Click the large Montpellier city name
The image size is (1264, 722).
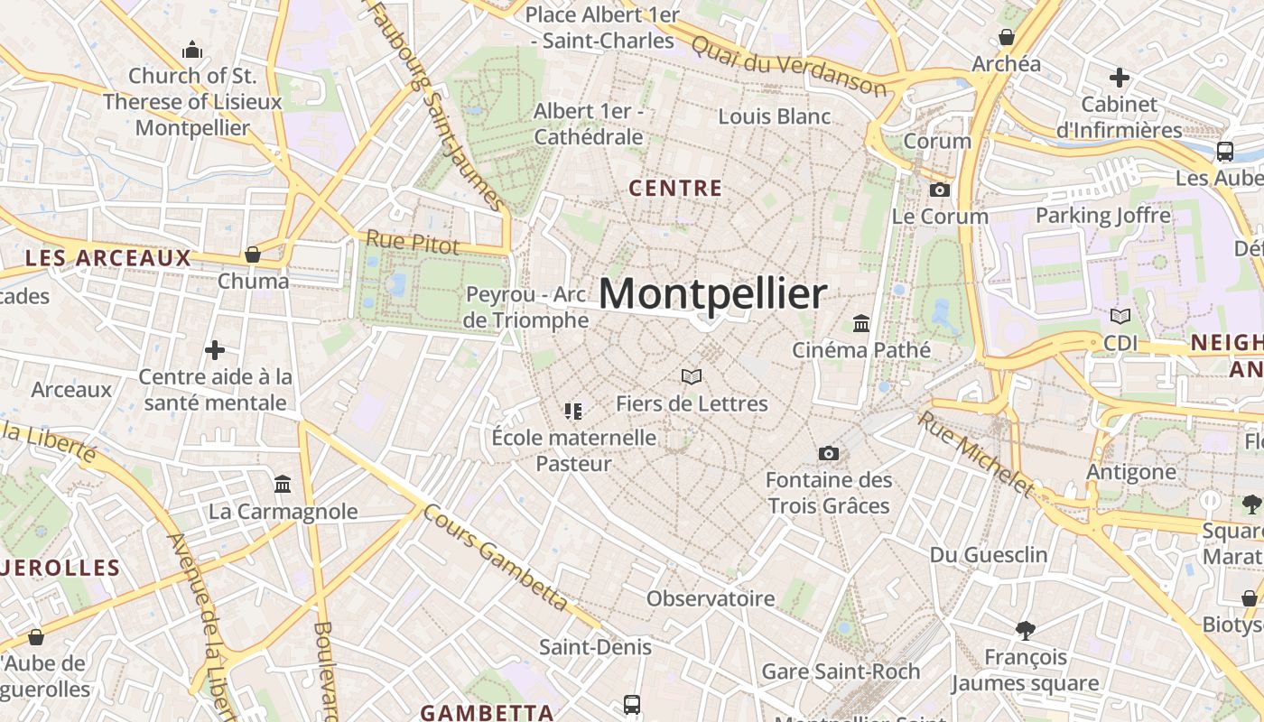pyautogui.click(x=711, y=294)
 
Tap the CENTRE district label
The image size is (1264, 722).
pyautogui.click(x=675, y=189)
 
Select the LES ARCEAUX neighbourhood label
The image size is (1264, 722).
pyautogui.click(x=108, y=258)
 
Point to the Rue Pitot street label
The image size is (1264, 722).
pyautogui.click(x=412, y=242)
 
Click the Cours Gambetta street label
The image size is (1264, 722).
pyautogui.click(x=497, y=558)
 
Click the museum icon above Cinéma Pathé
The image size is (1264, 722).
pyautogui.click(x=861, y=323)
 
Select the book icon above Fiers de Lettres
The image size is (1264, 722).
pyautogui.click(x=692, y=376)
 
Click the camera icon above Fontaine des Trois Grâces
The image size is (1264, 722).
pyautogui.click(x=828, y=453)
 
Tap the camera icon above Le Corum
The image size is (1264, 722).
pyautogui.click(x=940, y=190)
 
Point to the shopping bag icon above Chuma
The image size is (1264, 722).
pyautogui.click(x=253, y=255)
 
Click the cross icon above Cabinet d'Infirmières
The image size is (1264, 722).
pyautogui.click(x=1119, y=78)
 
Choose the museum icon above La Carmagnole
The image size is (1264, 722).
pyautogui.click(x=283, y=485)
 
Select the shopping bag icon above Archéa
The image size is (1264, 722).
pyautogui.click(x=1006, y=37)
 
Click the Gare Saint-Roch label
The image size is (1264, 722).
pyautogui.click(x=841, y=671)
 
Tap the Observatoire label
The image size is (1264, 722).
pyautogui.click(x=711, y=598)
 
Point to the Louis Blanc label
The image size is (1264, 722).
pyautogui.click(x=774, y=116)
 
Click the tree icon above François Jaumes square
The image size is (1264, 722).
pyautogui.click(x=1025, y=630)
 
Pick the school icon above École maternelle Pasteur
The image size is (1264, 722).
pyautogui.click(x=573, y=412)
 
